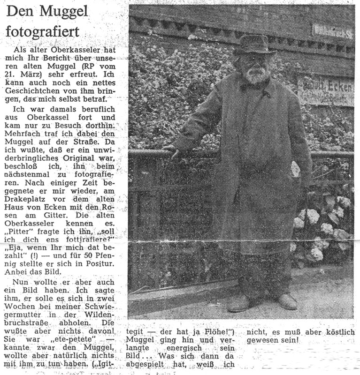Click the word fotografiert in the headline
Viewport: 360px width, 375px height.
tap(43, 33)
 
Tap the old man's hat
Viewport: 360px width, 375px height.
tap(254, 45)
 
